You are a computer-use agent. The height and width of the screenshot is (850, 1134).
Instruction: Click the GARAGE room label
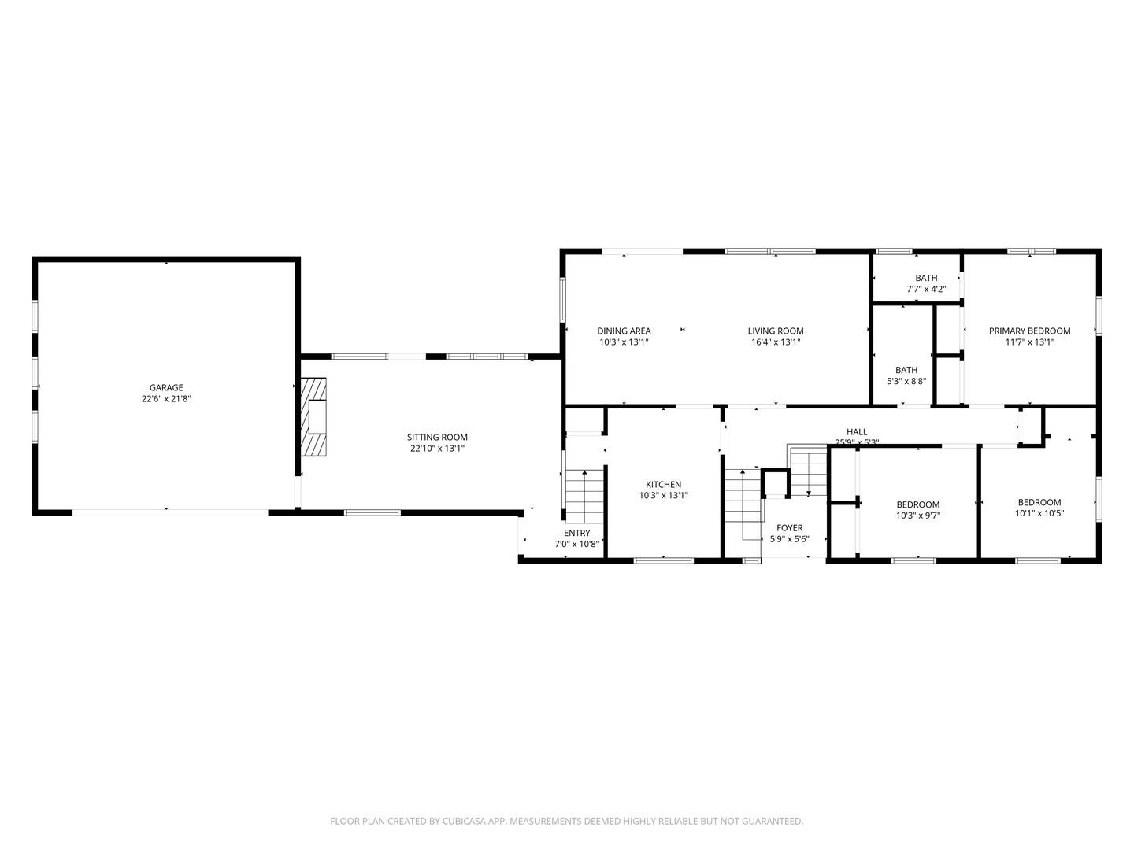point(166,387)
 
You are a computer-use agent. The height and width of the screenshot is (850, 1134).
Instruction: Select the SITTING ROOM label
point(437,438)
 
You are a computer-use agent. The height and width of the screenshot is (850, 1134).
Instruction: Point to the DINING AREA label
point(624,331)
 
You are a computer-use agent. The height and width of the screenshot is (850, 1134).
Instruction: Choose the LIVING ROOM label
point(776,331)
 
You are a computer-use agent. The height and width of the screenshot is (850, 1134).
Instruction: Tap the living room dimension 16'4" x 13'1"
point(776,342)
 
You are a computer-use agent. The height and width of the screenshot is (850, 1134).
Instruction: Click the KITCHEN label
point(663,485)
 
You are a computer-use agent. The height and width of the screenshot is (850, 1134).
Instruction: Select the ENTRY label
point(576,533)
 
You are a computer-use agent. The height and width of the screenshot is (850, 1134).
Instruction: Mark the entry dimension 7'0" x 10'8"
point(576,544)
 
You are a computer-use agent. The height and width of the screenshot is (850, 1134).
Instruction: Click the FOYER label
point(789,528)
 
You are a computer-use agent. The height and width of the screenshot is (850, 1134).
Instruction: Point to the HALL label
point(857,432)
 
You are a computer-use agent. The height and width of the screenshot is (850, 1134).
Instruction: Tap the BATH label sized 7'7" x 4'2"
point(926,278)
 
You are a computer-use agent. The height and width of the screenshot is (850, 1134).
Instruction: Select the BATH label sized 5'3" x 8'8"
point(906,370)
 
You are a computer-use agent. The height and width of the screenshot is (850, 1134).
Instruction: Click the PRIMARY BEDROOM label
point(1029,331)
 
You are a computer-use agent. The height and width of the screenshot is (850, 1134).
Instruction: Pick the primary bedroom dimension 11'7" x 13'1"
point(1029,342)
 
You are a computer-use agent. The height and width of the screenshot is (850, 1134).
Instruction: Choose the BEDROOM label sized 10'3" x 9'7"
point(917,505)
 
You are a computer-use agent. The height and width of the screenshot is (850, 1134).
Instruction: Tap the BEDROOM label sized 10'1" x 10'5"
point(1039,503)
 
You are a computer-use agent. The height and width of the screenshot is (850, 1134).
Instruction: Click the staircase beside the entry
point(583,496)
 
